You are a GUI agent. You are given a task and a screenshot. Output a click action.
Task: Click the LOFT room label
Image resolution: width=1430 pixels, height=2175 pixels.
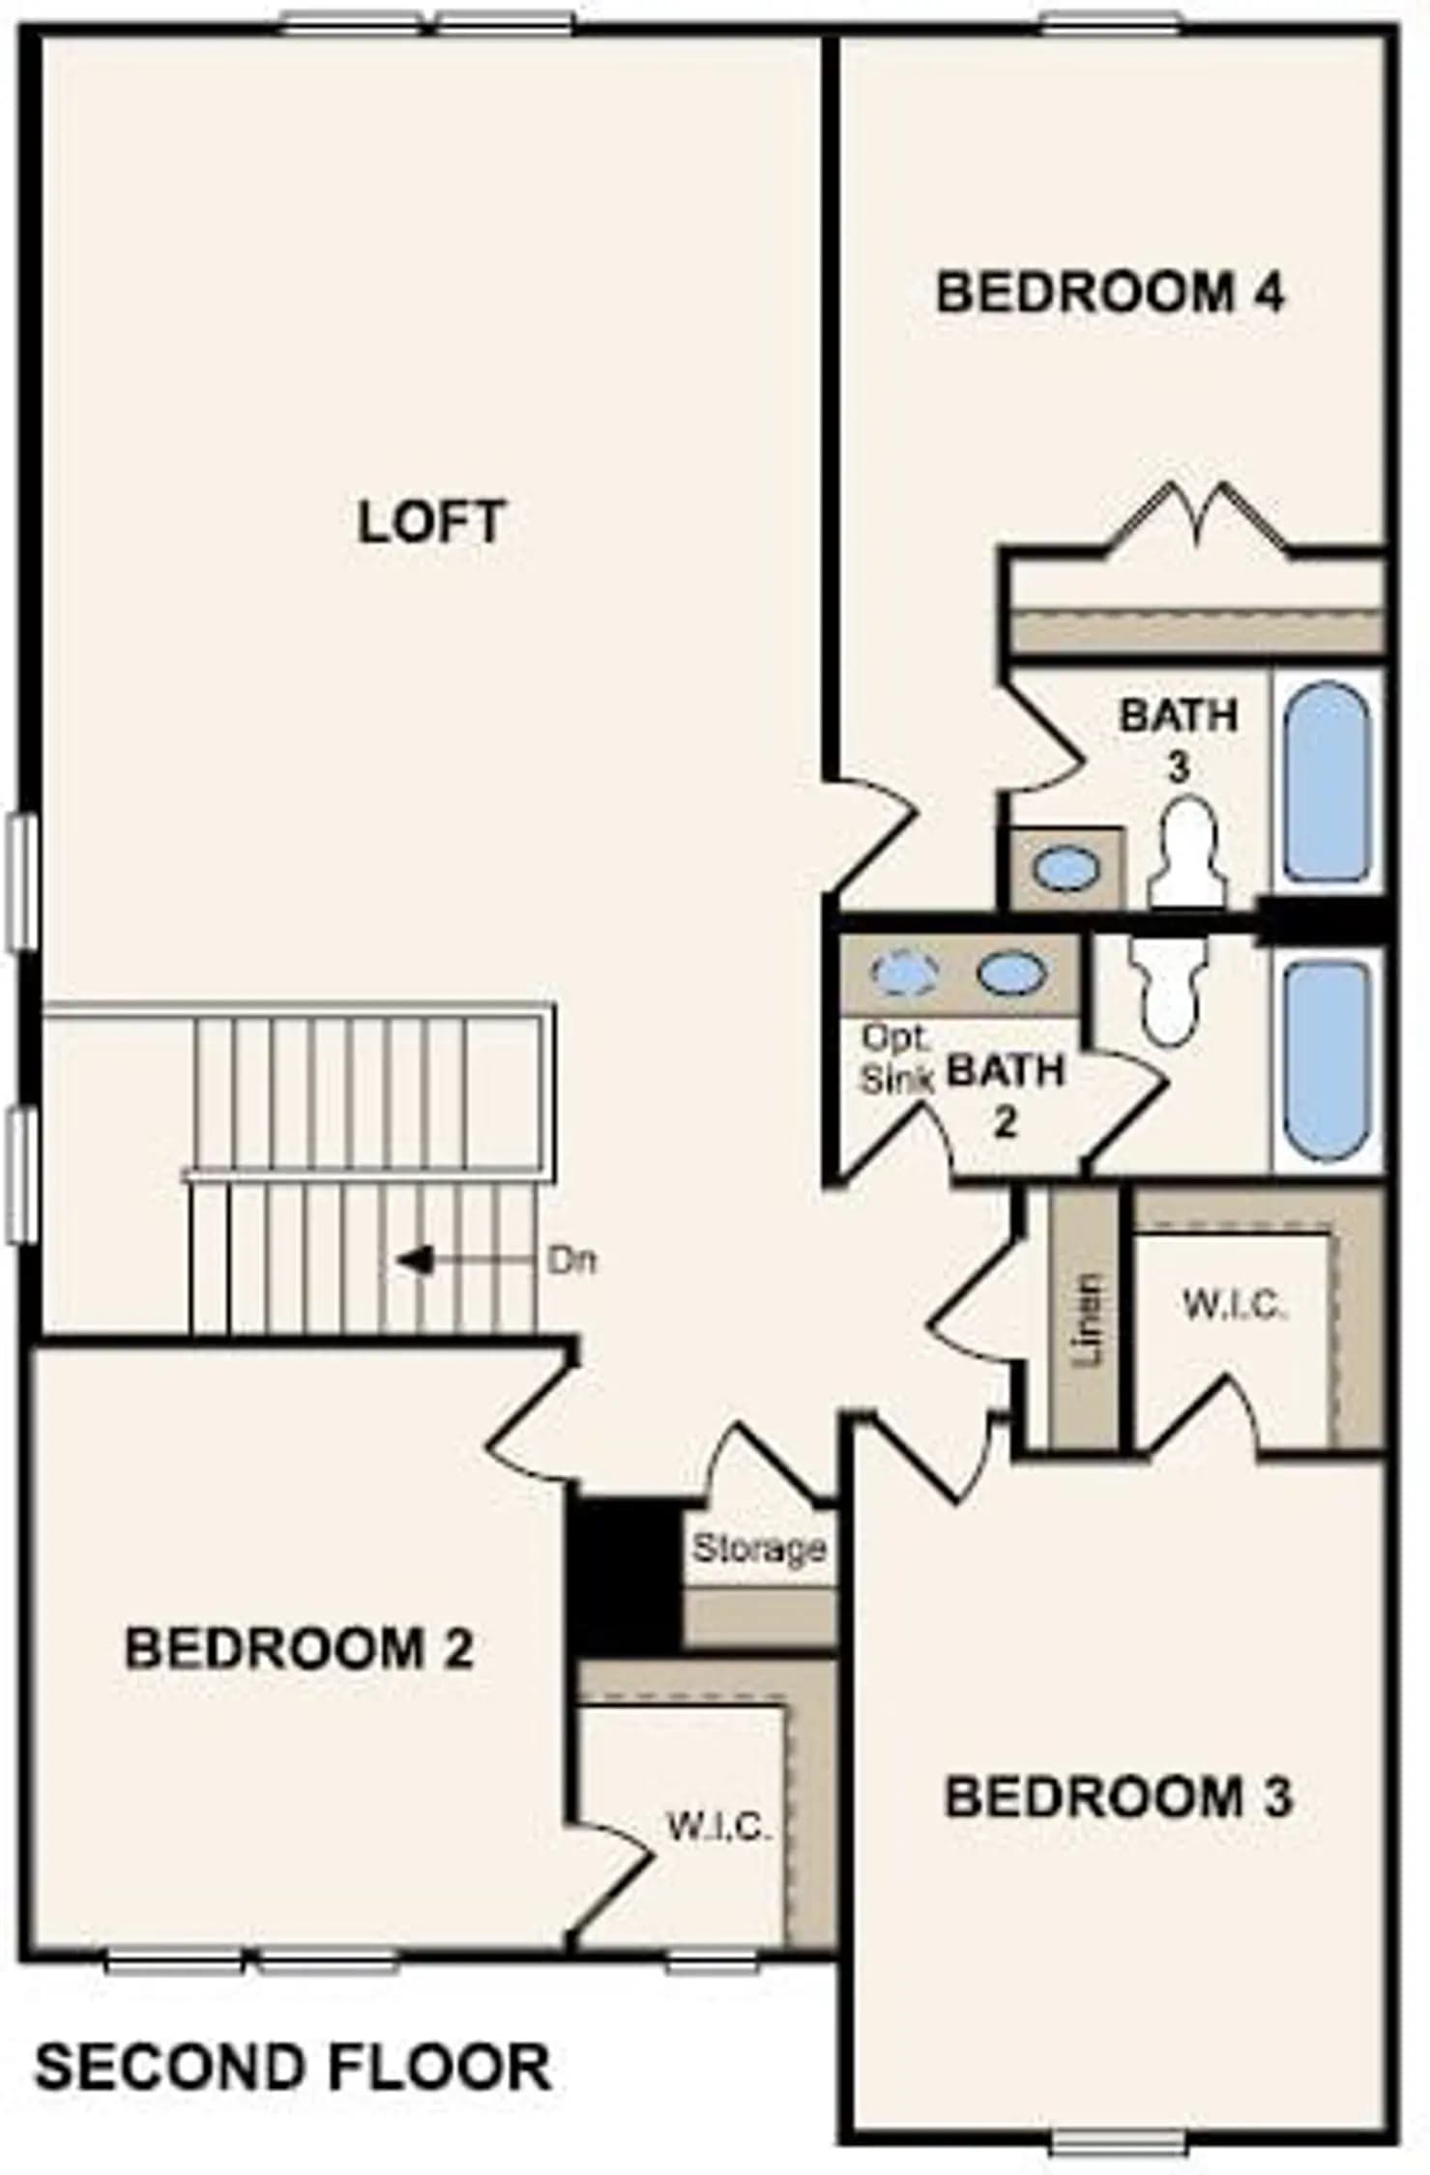click(x=431, y=522)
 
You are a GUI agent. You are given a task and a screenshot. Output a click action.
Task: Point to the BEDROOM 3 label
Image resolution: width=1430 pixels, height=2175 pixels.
click(x=1118, y=1796)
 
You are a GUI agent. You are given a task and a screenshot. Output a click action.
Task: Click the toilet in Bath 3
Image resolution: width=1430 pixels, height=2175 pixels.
click(x=1187, y=853)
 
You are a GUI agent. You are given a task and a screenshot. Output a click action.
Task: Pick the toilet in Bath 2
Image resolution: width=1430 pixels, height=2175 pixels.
click(x=1168, y=988)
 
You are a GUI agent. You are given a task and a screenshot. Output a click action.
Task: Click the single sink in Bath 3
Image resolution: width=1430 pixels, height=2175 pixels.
click(x=1066, y=867)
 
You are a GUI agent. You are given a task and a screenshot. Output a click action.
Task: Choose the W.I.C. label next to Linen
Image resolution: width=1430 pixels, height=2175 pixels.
click(x=1235, y=1306)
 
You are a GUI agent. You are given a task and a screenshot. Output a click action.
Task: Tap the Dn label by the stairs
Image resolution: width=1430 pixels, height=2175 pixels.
click(x=572, y=1261)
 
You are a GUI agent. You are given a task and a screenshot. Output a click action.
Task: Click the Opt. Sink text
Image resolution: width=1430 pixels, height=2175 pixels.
click(x=895, y=1059)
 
